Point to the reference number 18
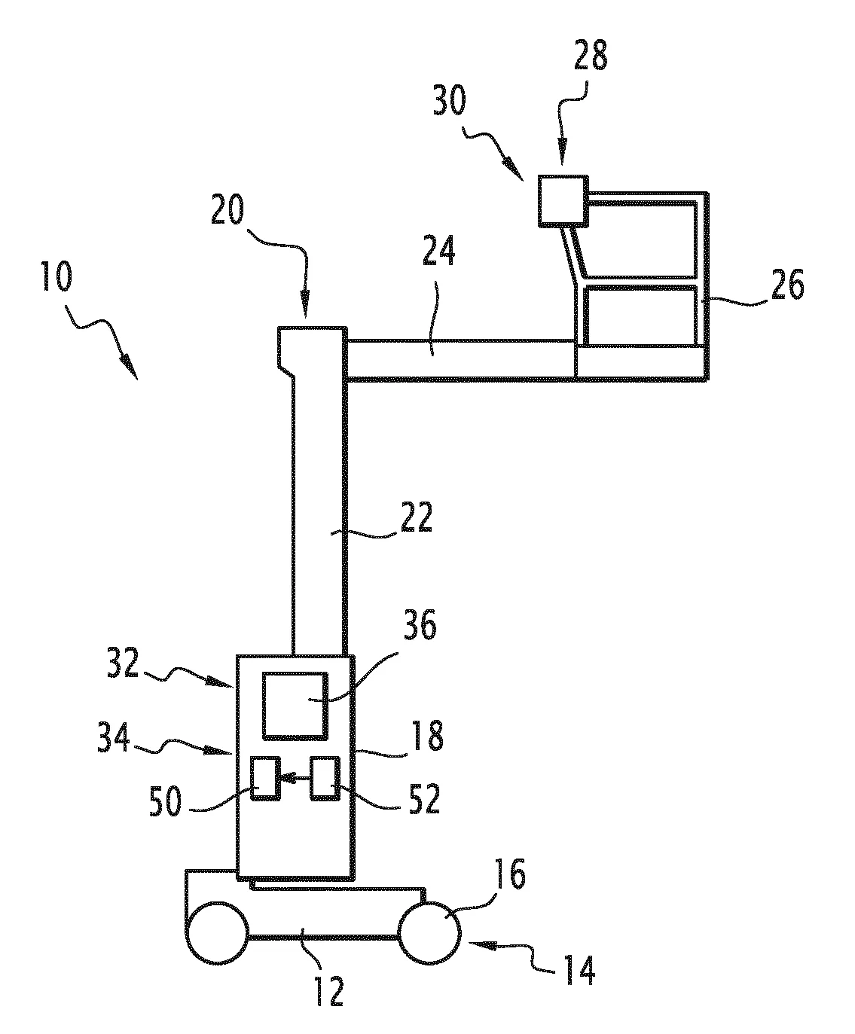[x=428, y=735]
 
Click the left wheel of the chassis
[x=217, y=931]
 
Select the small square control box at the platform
[x=563, y=200]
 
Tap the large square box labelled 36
[x=295, y=705]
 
